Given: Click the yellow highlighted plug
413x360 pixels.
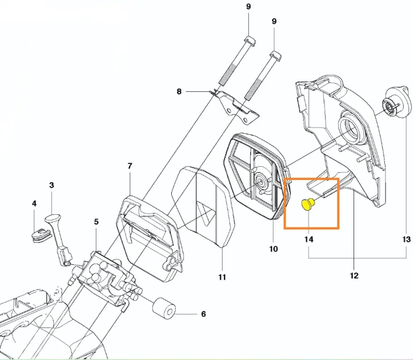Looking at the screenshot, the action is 307,204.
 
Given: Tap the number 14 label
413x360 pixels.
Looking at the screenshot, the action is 309,239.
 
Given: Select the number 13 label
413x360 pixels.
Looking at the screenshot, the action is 406,239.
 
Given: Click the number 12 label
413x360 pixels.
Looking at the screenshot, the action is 354,276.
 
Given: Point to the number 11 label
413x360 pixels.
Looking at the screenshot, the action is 222,277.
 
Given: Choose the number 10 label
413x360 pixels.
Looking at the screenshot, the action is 273,249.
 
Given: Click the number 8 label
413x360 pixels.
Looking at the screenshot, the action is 179,91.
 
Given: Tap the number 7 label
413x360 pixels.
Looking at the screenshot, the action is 129,166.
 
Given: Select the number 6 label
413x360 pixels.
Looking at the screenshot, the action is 203,314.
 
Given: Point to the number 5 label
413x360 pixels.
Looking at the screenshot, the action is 96,222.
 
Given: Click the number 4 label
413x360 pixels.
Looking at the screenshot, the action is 34,203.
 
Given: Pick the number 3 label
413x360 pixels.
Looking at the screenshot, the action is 51,185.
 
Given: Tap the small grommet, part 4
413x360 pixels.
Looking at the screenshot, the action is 40,235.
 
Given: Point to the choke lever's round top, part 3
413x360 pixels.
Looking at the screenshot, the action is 53,219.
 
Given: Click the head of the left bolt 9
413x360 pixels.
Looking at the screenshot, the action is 250,41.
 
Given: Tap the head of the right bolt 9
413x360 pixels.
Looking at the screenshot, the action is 275,55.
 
